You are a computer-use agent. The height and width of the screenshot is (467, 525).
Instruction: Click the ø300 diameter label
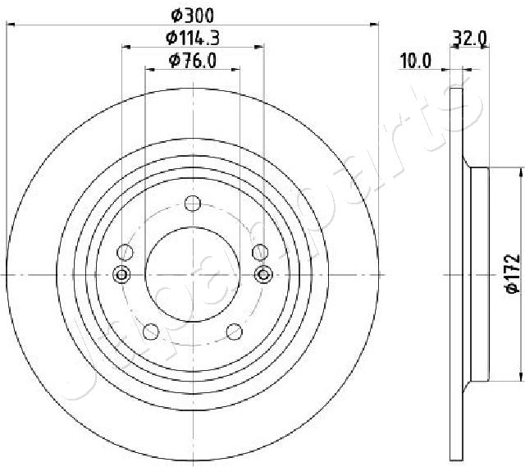193,14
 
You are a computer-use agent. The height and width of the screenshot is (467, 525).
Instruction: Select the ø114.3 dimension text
193,37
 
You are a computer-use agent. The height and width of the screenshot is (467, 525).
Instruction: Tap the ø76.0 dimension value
193,59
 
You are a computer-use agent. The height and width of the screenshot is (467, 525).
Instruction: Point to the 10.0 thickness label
415,59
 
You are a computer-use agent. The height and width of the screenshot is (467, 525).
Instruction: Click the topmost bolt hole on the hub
193,204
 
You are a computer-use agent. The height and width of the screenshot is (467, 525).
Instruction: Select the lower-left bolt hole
151,331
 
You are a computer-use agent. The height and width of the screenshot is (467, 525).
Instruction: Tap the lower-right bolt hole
235,331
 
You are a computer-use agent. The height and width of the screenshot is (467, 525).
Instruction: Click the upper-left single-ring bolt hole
125,252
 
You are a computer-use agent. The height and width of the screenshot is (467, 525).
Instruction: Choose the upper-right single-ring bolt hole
260,252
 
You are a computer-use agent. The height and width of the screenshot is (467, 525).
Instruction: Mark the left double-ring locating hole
122,274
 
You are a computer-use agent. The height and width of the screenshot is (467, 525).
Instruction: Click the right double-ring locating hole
263,274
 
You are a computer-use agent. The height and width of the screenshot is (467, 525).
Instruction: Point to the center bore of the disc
193,275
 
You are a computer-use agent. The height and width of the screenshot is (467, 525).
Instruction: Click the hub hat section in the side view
477,275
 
